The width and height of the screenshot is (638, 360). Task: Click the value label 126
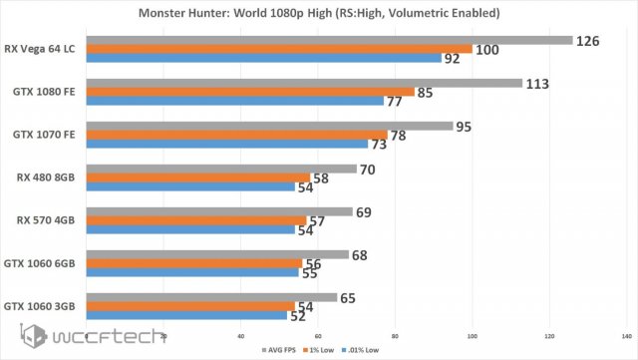[x=589, y=41]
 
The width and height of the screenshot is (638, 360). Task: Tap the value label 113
[x=539, y=83]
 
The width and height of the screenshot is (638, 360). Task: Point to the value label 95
[x=464, y=127]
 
